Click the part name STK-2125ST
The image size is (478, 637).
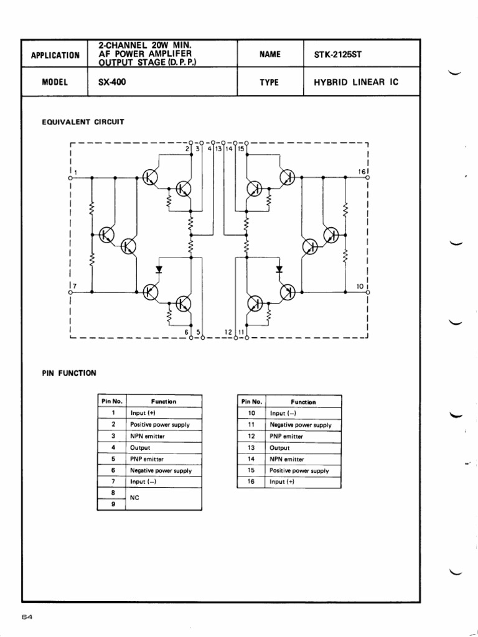tap(337, 54)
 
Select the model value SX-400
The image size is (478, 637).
tap(112, 81)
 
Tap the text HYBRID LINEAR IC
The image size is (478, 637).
tap(356, 82)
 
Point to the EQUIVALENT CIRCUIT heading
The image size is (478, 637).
tap(83, 122)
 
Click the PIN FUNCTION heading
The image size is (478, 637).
tap(69, 373)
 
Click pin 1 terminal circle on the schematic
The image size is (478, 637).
tap(70, 178)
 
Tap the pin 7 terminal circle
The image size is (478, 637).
tap(70, 292)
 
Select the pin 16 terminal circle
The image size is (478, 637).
tap(368, 177)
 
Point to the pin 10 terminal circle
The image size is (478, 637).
tap(368, 292)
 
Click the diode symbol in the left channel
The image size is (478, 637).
tap(159, 269)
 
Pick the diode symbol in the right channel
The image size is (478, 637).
tap(279, 269)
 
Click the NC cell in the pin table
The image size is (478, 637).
tap(134, 498)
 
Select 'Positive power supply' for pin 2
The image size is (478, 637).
tap(160, 424)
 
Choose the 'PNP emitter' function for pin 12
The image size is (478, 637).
tap(286, 436)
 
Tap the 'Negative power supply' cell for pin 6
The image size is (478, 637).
tap(161, 470)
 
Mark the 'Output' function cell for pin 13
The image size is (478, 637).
tap(279, 448)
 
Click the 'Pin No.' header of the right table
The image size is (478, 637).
tap(251, 401)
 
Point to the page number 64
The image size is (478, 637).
tap(27, 616)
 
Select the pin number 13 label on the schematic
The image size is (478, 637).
tap(218, 149)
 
